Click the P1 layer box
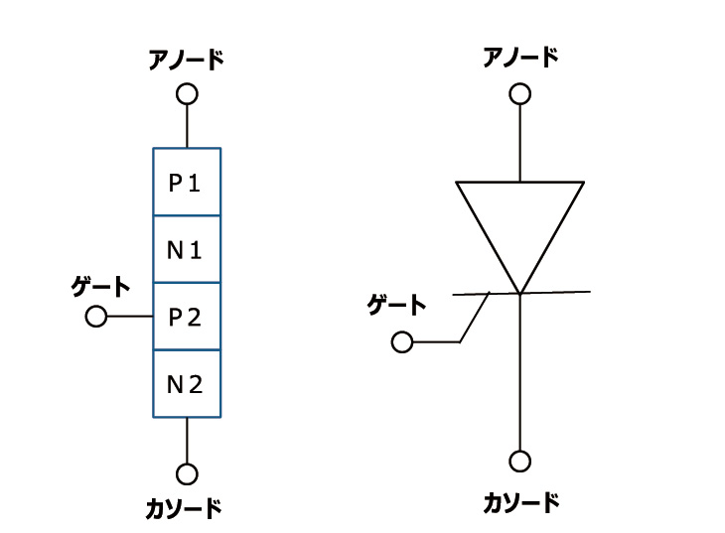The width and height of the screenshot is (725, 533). [187, 182]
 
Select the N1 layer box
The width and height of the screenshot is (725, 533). [187, 249]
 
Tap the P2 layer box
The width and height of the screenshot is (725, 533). [187, 317]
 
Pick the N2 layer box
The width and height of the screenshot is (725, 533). [187, 384]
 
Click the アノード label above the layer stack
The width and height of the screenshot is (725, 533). [186, 60]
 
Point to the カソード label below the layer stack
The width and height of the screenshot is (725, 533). [184, 509]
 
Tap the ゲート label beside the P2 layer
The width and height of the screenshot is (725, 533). [100, 287]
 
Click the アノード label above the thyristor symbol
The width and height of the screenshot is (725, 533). [520, 58]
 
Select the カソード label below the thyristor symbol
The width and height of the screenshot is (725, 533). [521, 502]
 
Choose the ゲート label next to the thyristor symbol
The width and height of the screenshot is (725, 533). [396, 305]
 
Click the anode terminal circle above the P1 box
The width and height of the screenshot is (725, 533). [187, 94]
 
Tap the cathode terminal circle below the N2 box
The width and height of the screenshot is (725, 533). [187, 474]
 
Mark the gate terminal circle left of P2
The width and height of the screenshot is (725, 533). [96, 317]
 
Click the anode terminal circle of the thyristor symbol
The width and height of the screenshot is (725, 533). [519, 94]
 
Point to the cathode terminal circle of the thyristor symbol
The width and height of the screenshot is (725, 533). [519, 462]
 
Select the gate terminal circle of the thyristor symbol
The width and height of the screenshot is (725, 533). [402, 342]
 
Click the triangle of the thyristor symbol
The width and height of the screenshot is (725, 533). [519, 223]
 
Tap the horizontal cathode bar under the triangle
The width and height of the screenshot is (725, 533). [556, 292]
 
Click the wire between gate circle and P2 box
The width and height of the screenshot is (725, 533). [129, 317]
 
